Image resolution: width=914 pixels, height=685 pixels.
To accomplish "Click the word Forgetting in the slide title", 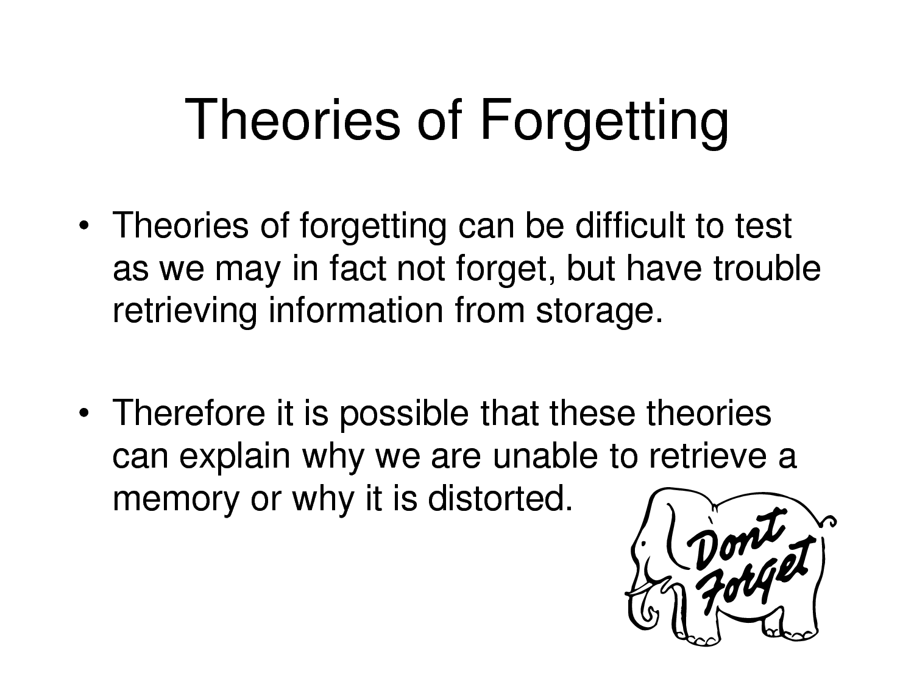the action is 604,122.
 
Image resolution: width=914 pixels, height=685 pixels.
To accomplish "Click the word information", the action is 356,310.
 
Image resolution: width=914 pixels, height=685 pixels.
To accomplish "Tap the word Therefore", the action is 189,413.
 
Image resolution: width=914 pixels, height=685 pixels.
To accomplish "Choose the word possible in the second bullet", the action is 405,415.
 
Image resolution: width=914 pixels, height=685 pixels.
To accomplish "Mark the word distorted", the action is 500,498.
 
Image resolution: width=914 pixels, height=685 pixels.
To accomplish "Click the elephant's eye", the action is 644,543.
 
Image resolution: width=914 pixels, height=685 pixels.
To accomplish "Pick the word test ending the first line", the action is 763,227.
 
